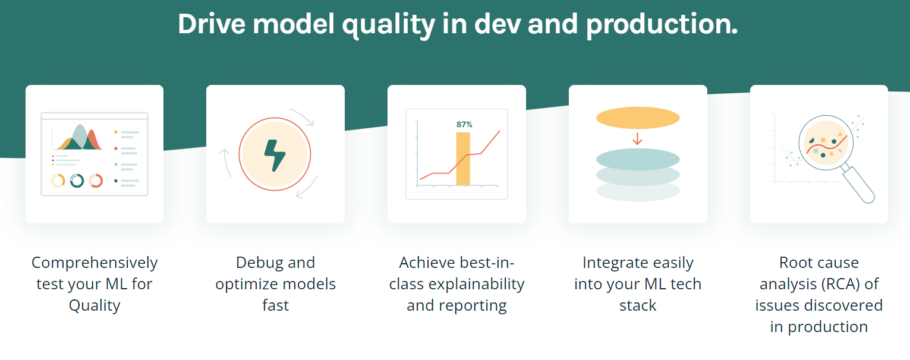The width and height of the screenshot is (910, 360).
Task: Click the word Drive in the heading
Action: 212,24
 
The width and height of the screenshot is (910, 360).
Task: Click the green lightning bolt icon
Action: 275,156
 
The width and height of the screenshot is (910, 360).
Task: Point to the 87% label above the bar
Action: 464,124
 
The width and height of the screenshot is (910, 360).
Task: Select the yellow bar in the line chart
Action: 463,159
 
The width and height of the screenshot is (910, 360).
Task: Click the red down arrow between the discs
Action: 637,139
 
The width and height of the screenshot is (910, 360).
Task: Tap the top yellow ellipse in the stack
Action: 638,118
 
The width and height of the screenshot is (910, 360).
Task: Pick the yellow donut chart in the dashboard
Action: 58,181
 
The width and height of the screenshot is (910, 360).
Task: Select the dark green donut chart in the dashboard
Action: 77,181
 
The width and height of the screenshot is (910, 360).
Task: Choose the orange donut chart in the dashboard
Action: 96,181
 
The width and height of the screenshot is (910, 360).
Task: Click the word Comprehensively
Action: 95,263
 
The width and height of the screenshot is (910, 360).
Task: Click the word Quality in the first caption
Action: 95,306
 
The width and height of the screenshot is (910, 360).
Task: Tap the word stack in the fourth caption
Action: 638,305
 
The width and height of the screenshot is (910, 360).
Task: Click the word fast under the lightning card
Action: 275,305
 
